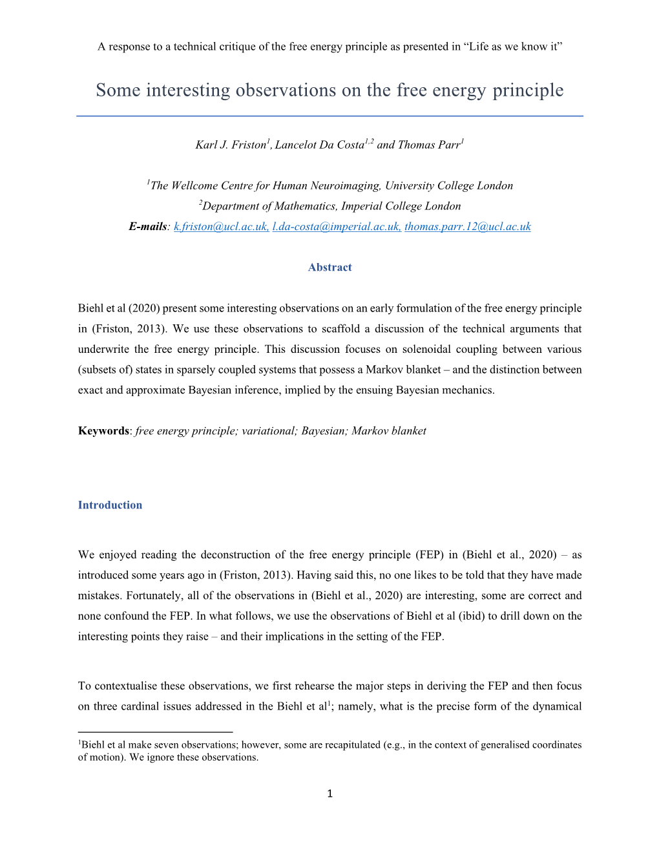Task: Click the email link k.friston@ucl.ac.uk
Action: coord(221,227)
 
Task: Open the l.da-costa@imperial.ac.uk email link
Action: coord(336,227)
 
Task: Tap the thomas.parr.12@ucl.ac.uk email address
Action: coord(467,227)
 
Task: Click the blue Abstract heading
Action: coord(329,268)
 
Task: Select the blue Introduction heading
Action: coord(110,505)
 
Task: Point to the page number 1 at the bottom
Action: coord(329,794)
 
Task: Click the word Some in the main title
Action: coord(118,90)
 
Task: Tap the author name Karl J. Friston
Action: coord(231,145)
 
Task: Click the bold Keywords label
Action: coord(103,431)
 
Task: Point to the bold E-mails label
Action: coord(148,227)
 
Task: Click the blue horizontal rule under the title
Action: coord(329,116)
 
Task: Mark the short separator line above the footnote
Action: coord(155,732)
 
